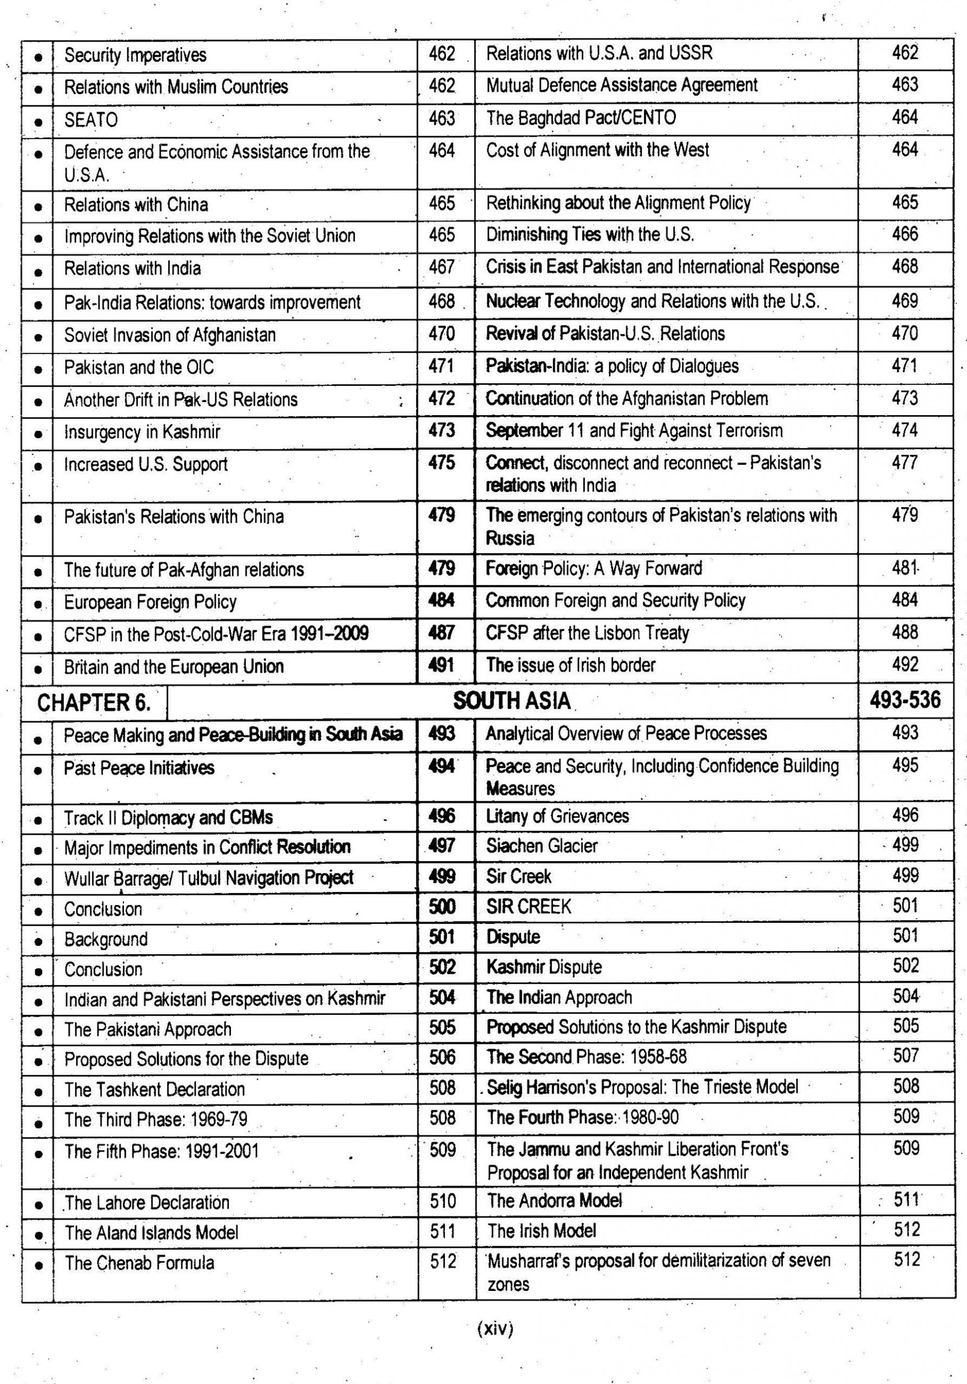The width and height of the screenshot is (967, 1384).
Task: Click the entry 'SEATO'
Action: point(91,120)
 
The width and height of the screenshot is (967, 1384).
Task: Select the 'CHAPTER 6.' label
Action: point(94,703)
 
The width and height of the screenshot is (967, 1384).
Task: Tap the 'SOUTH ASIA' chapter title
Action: point(511,701)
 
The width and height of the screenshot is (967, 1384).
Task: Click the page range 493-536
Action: point(905,700)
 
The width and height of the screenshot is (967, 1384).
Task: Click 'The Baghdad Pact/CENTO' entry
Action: point(581,117)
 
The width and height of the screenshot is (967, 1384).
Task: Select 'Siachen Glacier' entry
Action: point(542,846)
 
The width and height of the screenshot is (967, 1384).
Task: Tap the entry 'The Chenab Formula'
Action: point(140,1263)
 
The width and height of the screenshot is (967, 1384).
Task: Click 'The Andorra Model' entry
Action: point(554,1200)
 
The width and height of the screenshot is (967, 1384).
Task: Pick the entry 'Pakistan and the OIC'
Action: point(139,367)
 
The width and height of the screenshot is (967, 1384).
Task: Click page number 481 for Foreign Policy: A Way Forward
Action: point(905,568)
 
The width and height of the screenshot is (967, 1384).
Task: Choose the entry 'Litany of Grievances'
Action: point(557,816)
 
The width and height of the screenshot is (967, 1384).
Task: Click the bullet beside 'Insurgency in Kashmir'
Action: point(38,433)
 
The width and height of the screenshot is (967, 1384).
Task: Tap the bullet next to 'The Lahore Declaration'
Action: point(38,1205)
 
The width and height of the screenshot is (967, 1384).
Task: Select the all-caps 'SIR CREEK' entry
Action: point(529,907)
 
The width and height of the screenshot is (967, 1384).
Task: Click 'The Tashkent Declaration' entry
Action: point(154,1089)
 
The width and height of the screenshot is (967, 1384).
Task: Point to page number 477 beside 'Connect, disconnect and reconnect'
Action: point(905,463)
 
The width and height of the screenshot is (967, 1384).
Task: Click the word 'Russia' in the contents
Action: point(510,538)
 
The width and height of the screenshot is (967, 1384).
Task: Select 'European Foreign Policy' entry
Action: point(150,602)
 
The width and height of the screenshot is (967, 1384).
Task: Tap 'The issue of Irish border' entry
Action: point(571,665)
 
